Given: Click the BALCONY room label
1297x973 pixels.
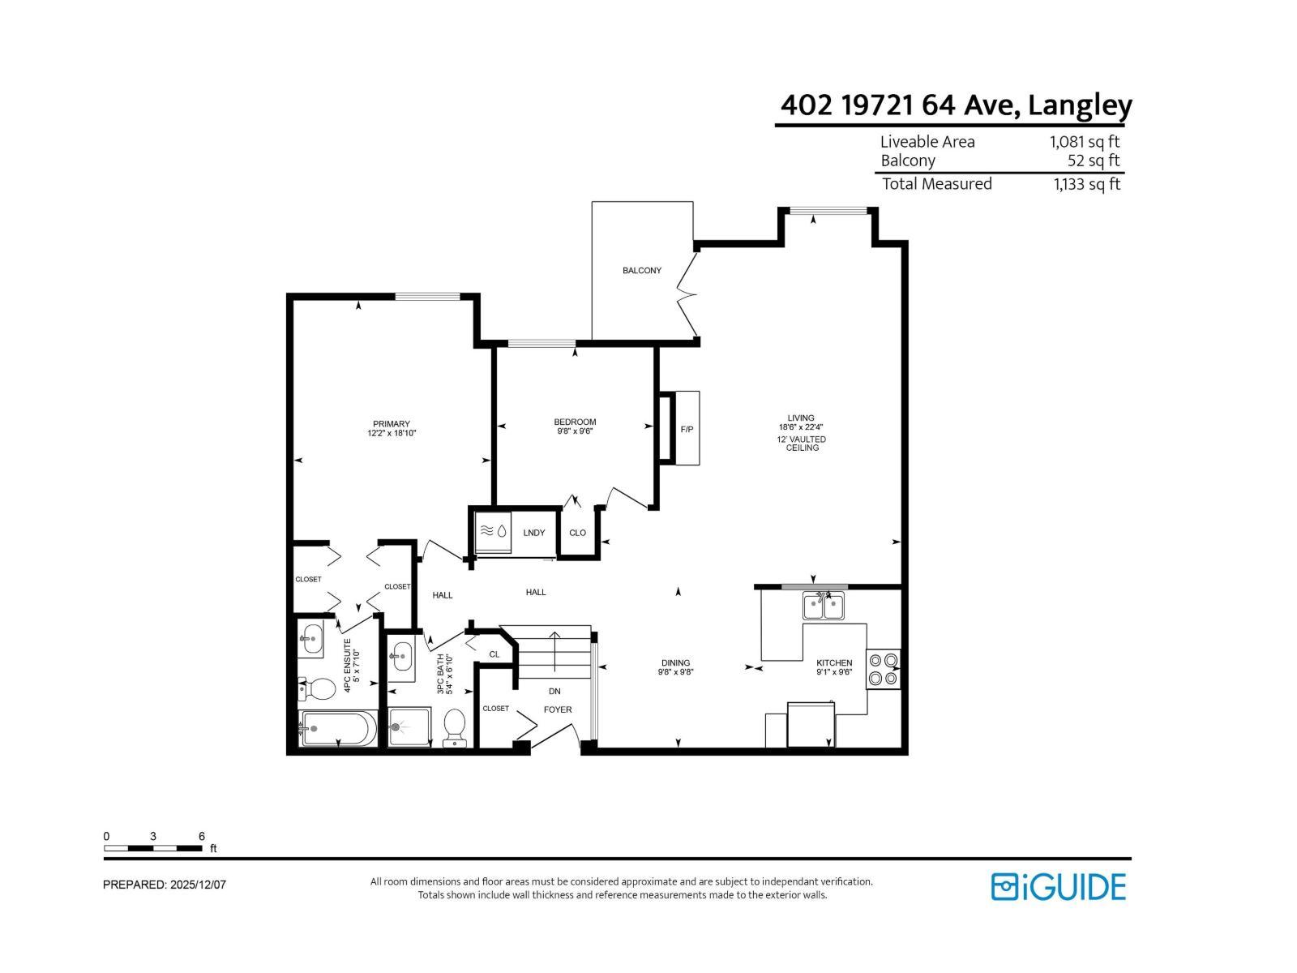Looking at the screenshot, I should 642,271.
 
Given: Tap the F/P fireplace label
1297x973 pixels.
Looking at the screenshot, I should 687,429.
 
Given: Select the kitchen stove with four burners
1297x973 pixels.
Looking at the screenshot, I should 883,669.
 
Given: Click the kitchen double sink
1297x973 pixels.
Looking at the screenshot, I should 823,606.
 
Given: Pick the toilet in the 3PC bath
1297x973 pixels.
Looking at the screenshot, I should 455,727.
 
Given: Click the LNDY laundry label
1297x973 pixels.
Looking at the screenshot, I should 534,533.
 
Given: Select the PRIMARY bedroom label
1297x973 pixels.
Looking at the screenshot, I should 392,424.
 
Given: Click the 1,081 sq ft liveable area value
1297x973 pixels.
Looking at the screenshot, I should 1085,142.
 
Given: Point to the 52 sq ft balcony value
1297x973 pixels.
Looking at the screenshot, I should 1094,161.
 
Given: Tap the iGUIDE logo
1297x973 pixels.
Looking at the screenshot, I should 1059,886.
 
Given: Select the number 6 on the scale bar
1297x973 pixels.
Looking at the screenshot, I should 202,836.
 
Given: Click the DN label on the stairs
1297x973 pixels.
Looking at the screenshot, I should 554,692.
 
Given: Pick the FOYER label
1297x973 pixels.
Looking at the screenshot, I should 558,709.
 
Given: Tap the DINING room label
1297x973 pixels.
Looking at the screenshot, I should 675,662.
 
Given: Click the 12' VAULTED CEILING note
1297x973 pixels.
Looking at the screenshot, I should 802,444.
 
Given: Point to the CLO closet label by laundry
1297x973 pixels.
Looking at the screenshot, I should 577,533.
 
